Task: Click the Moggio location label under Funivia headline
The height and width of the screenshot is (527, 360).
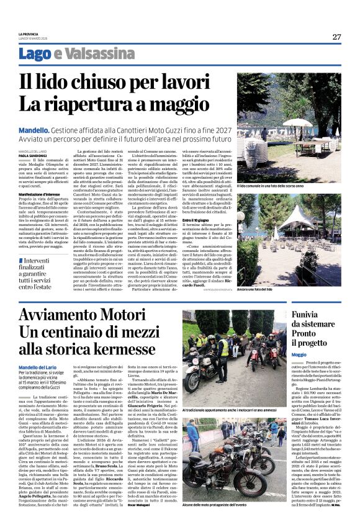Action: pyautogui.click(x=299, y=353)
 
